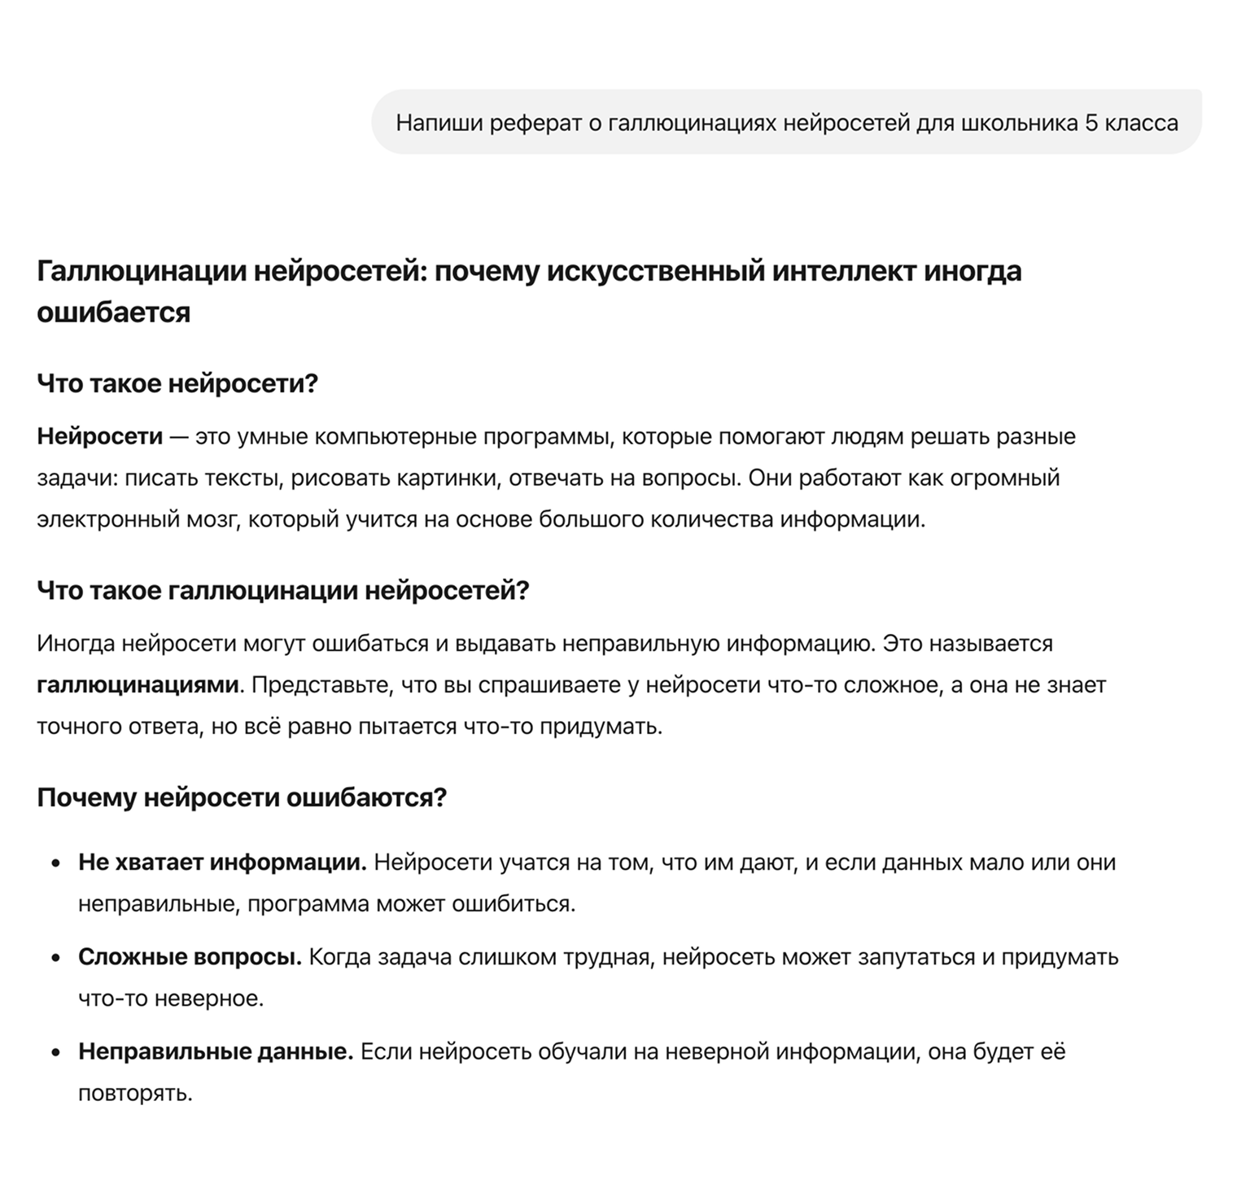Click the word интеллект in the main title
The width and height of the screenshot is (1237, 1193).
click(x=843, y=271)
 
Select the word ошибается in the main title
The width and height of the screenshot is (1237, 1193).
click(x=113, y=312)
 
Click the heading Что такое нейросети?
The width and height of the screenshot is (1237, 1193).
click(x=177, y=382)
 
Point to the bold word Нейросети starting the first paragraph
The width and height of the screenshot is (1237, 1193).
click(x=100, y=437)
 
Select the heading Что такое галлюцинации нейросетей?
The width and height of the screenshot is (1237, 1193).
click(x=283, y=590)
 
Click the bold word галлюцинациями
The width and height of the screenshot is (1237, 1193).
click(x=138, y=685)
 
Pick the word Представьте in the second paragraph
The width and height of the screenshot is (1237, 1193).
click(x=321, y=685)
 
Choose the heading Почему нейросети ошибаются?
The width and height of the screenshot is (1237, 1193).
click(x=242, y=798)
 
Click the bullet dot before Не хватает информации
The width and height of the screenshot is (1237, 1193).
click(x=56, y=863)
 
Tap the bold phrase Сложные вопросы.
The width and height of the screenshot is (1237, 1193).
click(x=190, y=957)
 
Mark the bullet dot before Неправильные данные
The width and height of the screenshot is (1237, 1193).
click(x=56, y=1053)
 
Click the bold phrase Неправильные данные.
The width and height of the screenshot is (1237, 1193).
click(x=216, y=1052)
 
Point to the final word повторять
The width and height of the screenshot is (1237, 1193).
click(x=135, y=1093)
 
